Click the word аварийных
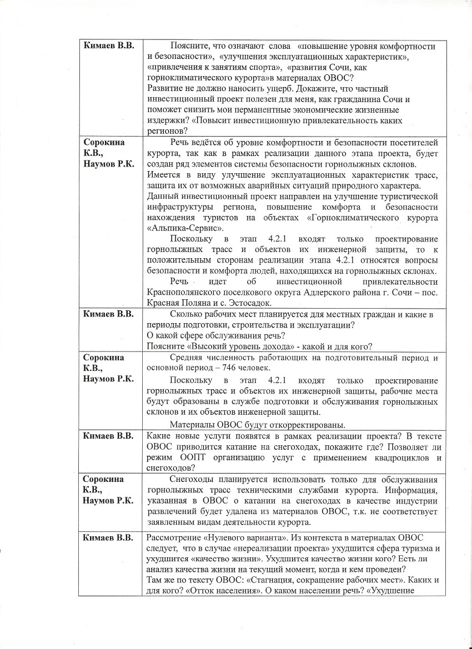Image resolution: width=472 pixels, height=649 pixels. point(288,185)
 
